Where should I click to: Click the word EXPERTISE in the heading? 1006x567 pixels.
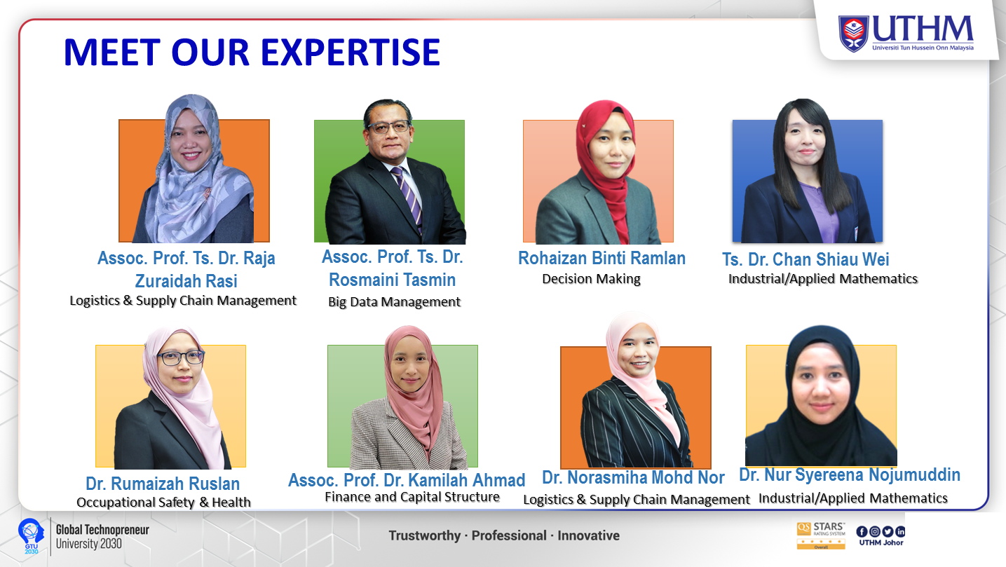[351, 52]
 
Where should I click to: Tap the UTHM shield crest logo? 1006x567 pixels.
[853, 34]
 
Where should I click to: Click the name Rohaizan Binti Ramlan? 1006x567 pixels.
[601, 258]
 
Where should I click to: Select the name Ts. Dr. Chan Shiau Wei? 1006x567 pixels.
[806, 259]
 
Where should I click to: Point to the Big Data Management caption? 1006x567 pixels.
[394, 301]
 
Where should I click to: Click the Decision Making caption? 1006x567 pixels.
[591, 279]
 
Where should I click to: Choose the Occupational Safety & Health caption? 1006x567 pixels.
[163, 502]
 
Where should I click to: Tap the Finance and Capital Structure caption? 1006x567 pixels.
[412, 497]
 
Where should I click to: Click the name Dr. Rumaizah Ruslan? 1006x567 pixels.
[163, 484]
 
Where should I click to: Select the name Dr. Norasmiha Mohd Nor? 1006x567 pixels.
[633, 477]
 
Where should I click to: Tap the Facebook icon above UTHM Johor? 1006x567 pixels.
[862, 531]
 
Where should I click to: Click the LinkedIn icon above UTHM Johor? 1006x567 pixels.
[900, 531]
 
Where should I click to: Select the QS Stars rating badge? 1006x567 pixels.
[821, 535]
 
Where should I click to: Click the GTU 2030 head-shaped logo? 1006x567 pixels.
[31, 536]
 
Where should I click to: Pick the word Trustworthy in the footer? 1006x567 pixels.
[424, 535]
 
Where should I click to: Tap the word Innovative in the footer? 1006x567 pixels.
[588, 535]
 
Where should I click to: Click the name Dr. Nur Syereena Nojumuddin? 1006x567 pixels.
[850, 474]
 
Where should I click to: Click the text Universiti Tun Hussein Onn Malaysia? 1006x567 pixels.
[923, 48]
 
